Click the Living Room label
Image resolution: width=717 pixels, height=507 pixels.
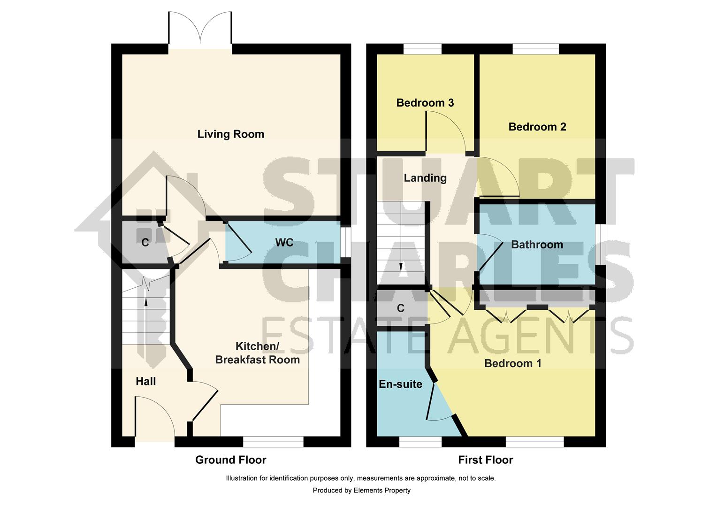(x=230, y=134)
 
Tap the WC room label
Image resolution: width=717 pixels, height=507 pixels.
(x=284, y=242)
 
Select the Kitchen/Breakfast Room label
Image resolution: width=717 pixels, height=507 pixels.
(x=257, y=353)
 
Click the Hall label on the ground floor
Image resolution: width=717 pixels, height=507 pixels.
(x=145, y=382)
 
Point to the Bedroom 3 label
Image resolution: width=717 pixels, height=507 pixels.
(x=425, y=103)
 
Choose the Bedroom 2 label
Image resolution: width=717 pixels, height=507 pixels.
(x=537, y=127)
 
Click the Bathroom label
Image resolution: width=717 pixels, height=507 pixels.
(x=537, y=245)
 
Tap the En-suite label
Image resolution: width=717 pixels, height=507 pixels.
(x=400, y=384)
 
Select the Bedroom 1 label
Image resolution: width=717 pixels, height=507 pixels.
(x=512, y=363)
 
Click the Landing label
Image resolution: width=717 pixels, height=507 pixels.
(x=425, y=178)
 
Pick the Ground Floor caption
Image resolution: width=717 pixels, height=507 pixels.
(x=230, y=460)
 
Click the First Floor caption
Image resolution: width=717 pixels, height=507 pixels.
(x=485, y=460)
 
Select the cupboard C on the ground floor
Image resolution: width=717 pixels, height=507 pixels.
(x=145, y=243)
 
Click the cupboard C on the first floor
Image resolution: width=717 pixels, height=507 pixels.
(x=400, y=308)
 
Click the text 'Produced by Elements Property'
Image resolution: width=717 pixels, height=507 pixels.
(x=361, y=491)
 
